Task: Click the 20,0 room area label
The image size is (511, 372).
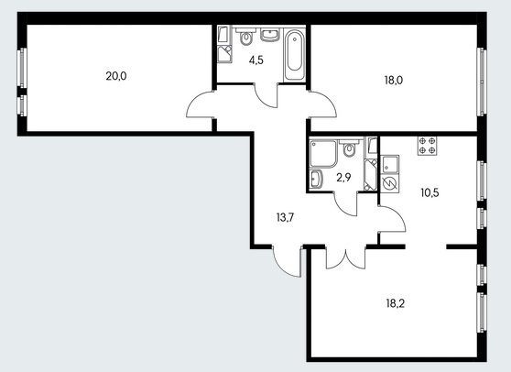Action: tap(116, 76)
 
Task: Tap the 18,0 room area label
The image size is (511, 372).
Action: tap(394, 81)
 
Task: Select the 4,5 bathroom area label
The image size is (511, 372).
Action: tap(255, 60)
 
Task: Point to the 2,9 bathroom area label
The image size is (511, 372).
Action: tap(343, 178)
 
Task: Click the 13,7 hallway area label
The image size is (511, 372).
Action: tap(285, 217)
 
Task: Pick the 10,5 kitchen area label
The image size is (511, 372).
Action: tap(429, 193)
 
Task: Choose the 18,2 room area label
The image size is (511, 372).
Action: tap(396, 304)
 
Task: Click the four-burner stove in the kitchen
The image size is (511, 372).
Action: tap(428, 146)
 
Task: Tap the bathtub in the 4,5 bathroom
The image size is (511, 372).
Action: tap(295, 55)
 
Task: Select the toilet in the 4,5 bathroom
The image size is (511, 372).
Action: tap(246, 37)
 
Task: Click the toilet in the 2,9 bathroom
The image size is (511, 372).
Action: tap(349, 148)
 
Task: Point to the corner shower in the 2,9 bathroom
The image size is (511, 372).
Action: tap(323, 153)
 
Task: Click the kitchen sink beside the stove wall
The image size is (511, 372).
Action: tap(390, 165)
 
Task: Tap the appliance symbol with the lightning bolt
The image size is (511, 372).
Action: tap(390, 183)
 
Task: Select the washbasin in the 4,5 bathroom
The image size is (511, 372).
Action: tap(270, 35)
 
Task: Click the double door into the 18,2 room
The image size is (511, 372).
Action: tap(346, 257)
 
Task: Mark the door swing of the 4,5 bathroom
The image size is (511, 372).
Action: tap(266, 96)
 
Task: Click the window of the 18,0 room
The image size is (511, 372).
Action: tap(482, 82)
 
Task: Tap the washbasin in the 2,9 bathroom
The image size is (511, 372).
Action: tap(316, 179)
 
